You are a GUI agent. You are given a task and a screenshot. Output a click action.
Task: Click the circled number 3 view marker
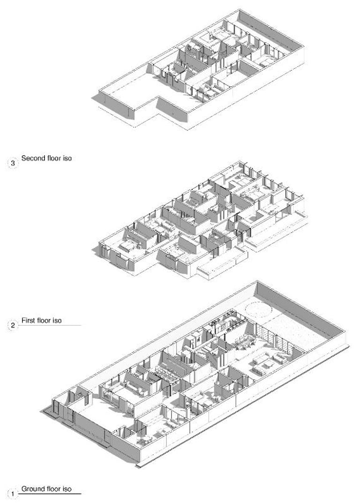[x=13, y=164]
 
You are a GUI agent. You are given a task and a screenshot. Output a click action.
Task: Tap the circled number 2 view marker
[x=13, y=325]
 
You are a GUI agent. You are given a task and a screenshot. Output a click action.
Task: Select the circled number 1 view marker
[x=13, y=493]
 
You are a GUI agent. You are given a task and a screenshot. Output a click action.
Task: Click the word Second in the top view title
[x=31, y=158]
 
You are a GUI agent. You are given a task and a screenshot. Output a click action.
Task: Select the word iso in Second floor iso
[x=67, y=158]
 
